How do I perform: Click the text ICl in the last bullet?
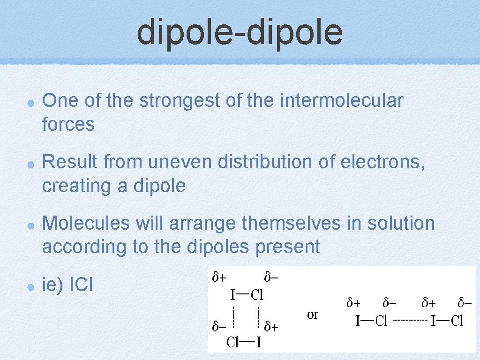pyautogui.click(x=81, y=284)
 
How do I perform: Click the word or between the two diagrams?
pyautogui.click(x=313, y=315)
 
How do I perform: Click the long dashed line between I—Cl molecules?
pyautogui.click(x=410, y=321)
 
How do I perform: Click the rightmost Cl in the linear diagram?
pyautogui.click(x=457, y=321)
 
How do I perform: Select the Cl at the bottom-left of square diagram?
pyautogui.click(x=233, y=342)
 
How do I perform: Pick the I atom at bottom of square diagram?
pyautogui.click(x=258, y=342)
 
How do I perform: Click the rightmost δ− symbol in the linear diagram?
pyautogui.click(x=465, y=303)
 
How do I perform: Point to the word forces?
pyautogui.click(x=68, y=124)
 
